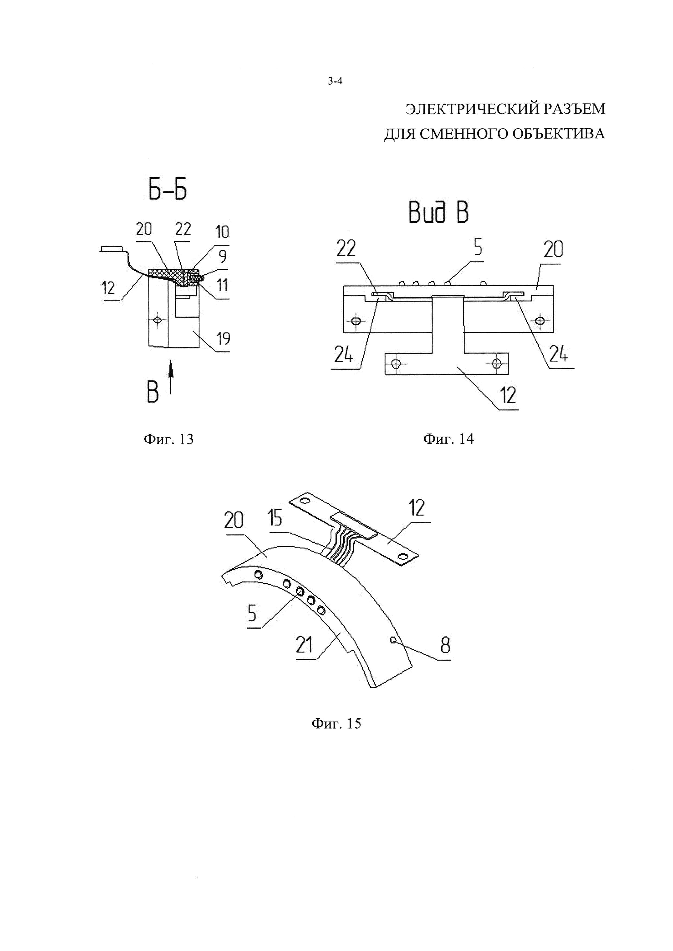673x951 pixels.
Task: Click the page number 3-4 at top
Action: tap(335, 82)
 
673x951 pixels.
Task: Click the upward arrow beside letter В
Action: tap(171, 379)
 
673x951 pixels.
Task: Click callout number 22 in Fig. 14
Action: tap(346, 250)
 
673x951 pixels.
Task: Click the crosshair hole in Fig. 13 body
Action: tap(157, 319)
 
